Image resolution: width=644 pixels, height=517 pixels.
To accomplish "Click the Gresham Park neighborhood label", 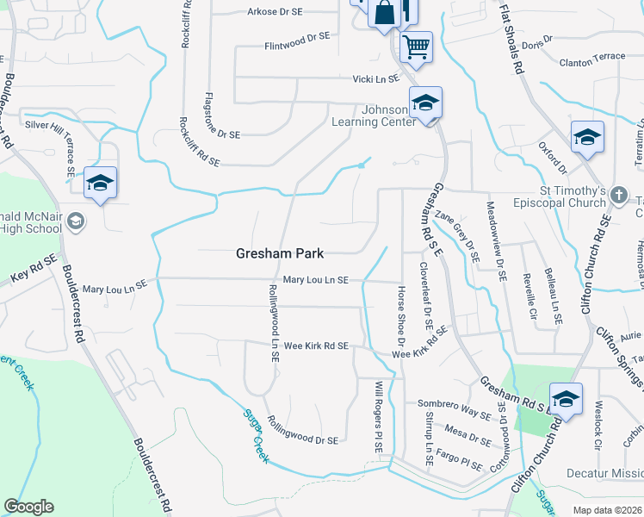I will click(281, 254).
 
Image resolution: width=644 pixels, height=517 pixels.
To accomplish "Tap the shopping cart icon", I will click(416, 45).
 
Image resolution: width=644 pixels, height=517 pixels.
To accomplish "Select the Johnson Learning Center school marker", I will click(424, 103).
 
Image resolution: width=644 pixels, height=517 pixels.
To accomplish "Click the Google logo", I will click(28, 507).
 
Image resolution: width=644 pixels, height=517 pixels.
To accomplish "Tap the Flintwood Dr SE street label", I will click(298, 40).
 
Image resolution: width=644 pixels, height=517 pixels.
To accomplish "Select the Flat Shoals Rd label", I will click(512, 40).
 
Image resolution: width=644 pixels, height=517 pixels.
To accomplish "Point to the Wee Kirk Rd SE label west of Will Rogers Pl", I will click(317, 346).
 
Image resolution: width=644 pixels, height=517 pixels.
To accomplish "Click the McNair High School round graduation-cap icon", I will click(75, 222).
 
